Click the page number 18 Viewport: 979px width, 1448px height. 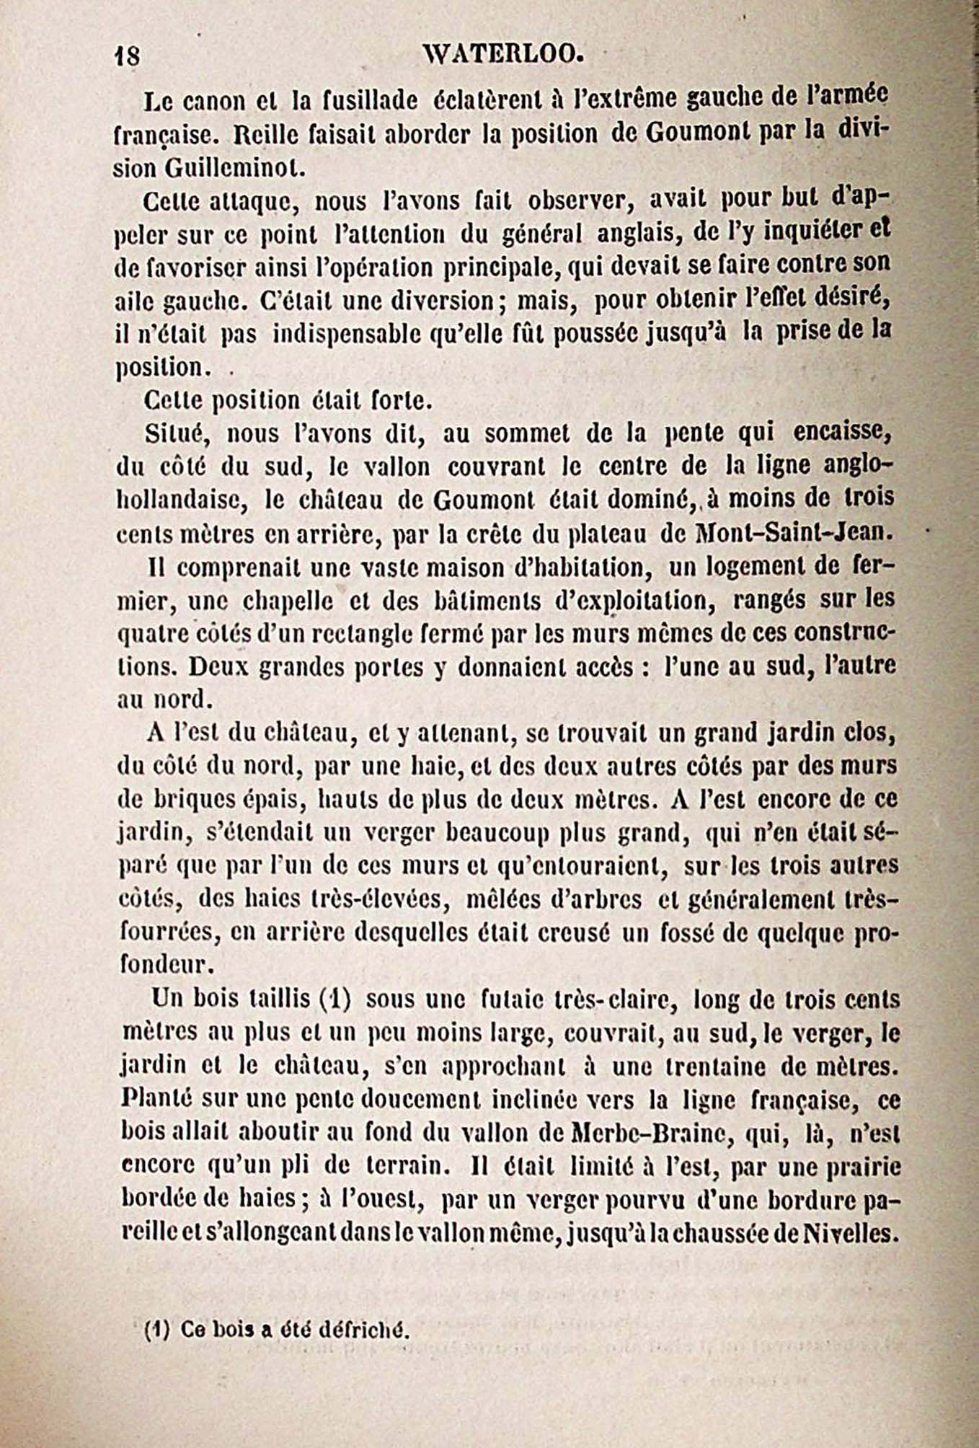point(128,56)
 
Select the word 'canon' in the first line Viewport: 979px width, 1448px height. point(206,102)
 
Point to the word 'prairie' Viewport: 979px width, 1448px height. point(861,1166)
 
